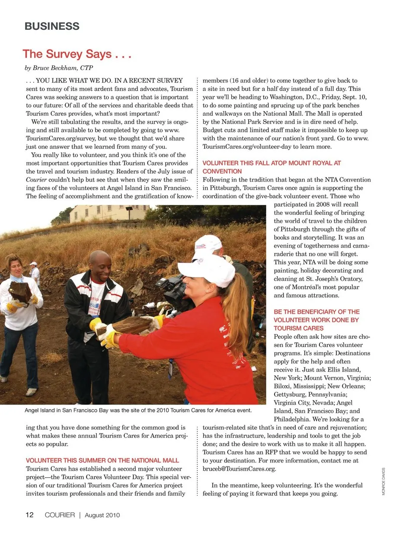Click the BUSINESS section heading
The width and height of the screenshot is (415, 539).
pyautogui.click(x=52, y=26)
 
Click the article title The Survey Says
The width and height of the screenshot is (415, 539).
pyautogui.click(x=77, y=54)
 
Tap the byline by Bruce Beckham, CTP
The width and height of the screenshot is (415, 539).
pyautogui.click(x=59, y=68)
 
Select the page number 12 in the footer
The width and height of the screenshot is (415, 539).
pyautogui.click(x=29, y=515)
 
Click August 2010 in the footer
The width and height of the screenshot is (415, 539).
pyautogui.click(x=102, y=515)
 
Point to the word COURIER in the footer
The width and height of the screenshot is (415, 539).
pyautogui.click(x=60, y=515)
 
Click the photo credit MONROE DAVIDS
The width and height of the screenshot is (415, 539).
pyautogui.click(x=383, y=482)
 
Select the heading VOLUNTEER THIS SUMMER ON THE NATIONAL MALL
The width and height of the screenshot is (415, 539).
pyautogui.click(x=102, y=461)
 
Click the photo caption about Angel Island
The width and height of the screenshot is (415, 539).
pyautogui.click(x=138, y=410)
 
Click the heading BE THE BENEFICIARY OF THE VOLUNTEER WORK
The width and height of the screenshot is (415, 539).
pyautogui.click(x=316, y=320)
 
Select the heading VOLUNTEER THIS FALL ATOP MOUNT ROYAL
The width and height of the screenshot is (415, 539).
pyautogui.click(x=271, y=167)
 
